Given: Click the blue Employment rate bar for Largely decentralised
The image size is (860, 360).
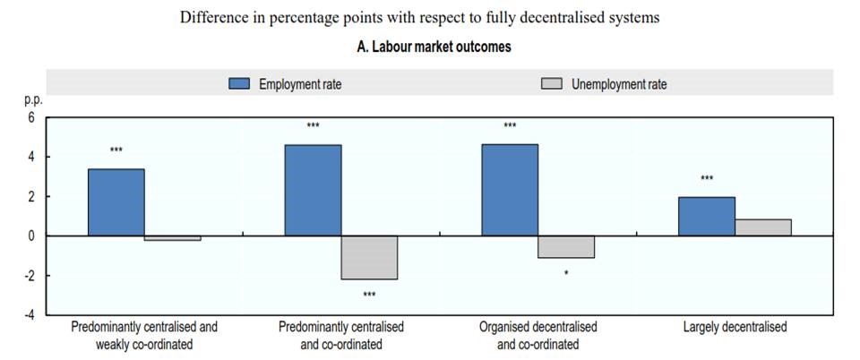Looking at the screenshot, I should tap(707, 216).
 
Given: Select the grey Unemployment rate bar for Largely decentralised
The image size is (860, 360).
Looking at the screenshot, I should tap(763, 227).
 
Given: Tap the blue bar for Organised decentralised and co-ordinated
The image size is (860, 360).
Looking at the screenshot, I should tap(510, 190).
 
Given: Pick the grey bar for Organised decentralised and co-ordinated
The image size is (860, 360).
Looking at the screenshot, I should tap(566, 246).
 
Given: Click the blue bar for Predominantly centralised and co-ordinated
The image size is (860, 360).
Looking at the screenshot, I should tap(313, 190).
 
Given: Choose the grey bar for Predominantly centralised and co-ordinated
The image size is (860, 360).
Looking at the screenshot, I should tap(369, 257).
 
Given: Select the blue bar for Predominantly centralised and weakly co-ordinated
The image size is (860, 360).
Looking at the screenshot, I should tap(116, 201).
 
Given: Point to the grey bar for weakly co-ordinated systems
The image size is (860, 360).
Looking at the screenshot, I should tap(173, 238).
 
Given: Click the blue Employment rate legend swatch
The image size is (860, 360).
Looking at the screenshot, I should tap(239, 84).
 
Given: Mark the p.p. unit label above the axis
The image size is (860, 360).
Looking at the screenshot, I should tap(32, 101).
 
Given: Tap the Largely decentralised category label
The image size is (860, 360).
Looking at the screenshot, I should tap(735, 327).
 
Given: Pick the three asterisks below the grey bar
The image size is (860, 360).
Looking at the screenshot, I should tap(369, 295).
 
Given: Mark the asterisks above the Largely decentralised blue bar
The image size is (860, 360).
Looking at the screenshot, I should tap(707, 179).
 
